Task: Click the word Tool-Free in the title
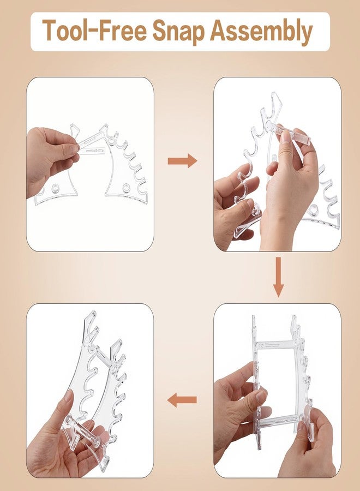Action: [x=94, y=30]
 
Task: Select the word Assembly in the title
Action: [x=262, y=32]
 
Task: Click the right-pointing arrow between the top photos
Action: [x=183, y=161]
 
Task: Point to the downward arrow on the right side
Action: [x=278, y=277]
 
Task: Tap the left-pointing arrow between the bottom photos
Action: [x=182, y=400]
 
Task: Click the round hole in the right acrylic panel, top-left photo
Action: [x=126, y=187]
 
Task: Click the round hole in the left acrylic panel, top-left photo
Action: [x=55, y=188]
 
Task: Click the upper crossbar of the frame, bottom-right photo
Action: [x=274, y=345]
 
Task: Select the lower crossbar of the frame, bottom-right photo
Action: [x=280, y=420]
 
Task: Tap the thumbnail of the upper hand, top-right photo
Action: [x=285, y=137]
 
